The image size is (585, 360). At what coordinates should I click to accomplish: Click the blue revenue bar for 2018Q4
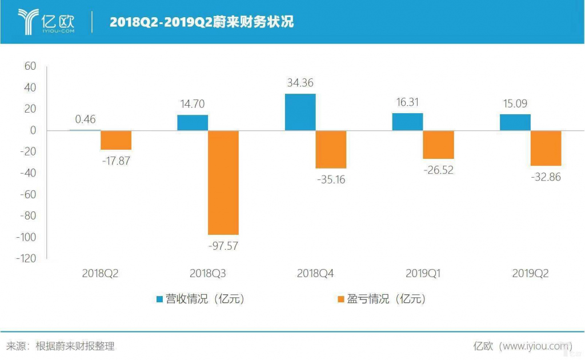tap(300, 112)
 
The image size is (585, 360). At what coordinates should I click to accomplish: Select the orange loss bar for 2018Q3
tap(223, 182)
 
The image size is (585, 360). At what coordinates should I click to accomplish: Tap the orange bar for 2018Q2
tap(116, 140)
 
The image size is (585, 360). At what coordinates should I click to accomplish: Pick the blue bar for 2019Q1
tap(407, 122)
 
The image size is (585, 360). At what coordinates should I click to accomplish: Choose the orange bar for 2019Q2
tap(546, 148)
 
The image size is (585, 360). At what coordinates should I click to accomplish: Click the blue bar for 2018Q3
tap(193, 122)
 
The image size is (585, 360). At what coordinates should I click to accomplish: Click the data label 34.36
tap(300, 83)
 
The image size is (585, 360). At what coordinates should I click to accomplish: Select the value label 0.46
tap(85, 119)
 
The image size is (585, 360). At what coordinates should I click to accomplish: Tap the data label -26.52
tap(438, 170)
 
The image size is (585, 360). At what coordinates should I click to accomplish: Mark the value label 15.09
tap(515, 105)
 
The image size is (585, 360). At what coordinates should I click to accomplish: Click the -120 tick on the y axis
tap(26, 259)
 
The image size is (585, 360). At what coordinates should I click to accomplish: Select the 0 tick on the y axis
tap(33, 130)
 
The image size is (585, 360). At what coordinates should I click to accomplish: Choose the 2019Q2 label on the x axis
tap(530, 274)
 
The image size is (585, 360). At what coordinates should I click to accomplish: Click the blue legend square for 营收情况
tap(160, 299)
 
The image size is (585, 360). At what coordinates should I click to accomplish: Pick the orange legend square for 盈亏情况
tap(341, 299)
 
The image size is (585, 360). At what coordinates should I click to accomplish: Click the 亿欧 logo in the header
tap(49, 22)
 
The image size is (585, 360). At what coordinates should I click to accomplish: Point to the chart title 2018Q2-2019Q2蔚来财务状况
tap(201, 22)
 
